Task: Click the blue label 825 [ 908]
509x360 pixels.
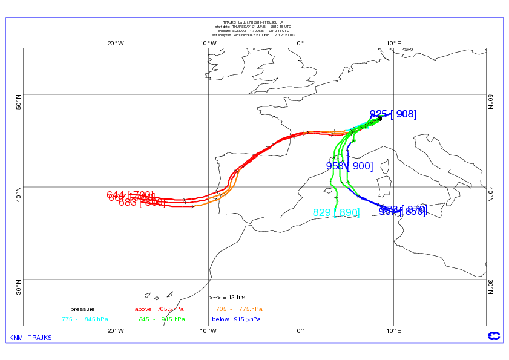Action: click(393, 114)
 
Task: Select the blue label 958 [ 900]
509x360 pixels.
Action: click(349, 166)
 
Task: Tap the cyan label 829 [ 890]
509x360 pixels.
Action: click(336, 212)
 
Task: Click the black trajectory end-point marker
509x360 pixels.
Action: click(379, 119)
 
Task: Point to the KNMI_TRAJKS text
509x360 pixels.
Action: click(30, 337)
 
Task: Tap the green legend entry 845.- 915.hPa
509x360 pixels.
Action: click(162, 319)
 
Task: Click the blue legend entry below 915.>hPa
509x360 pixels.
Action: click(236, 319)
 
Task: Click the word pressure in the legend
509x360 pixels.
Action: click(82, 309)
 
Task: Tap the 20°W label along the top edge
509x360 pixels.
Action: click(116, 43)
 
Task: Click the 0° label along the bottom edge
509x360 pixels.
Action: click(301, 330)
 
